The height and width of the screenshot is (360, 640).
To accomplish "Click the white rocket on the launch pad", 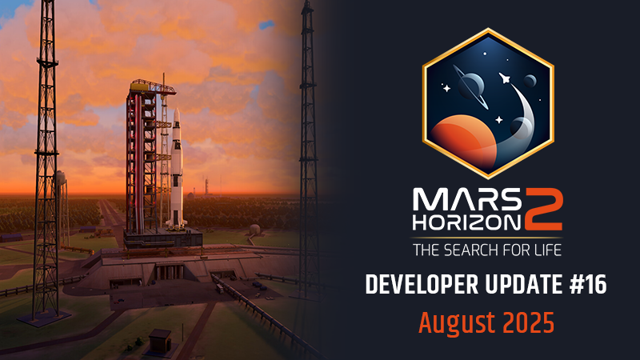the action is click(177, 167).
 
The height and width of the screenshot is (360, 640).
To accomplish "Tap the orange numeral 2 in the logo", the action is click(544, 210).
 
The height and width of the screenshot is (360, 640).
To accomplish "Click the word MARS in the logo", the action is click(467, 199).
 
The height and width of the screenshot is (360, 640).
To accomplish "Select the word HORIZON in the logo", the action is click(467, 222).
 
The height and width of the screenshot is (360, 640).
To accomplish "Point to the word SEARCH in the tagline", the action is click(471, 250).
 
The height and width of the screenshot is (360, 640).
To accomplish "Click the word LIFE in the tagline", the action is click(547, 250).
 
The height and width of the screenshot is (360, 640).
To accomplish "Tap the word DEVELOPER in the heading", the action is click(422, 285).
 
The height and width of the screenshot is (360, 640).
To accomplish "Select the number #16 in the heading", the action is click(588, 285).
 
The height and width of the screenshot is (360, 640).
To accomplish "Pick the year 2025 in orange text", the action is click(529, 322).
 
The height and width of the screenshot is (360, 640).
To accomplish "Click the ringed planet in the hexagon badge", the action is click(470, 86).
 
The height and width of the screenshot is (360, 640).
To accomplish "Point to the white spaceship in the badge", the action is click(505, 78).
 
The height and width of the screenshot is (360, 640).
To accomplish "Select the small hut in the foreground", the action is click(159, 340).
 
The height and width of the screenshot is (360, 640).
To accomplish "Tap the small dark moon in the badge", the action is click(530, 82).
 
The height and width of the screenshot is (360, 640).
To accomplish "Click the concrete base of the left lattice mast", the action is click(44, 319).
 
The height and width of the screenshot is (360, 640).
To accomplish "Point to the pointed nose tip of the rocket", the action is click(177, 109).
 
